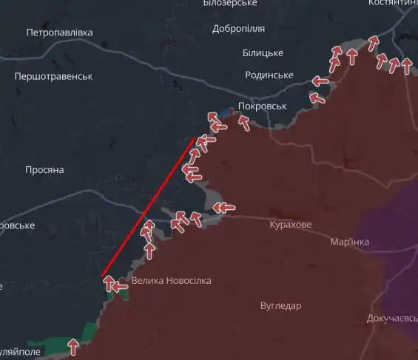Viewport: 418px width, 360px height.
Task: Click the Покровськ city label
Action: [262, 106]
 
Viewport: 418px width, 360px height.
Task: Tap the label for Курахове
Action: [291, 224]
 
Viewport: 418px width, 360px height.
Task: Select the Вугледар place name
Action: [280, 305]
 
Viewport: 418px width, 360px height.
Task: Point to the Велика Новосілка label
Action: [171, 281]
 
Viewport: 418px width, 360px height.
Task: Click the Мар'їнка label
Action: [349, 242]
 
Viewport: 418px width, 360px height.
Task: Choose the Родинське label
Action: [269, 75]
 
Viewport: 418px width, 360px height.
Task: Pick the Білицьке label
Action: [263, 52]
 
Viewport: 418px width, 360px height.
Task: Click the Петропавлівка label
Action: [59, 33]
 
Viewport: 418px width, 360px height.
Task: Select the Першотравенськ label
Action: [53, 76]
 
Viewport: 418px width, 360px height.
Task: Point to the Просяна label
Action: [44, 170]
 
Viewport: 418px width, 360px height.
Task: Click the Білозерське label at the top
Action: [229, 4]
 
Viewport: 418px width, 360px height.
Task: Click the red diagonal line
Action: [148, 208]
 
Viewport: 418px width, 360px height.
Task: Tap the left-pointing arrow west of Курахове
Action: [224, 208]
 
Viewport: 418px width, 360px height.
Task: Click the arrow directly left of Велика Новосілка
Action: [119, 285]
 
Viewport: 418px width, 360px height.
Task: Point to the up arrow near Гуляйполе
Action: [73, 345]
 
